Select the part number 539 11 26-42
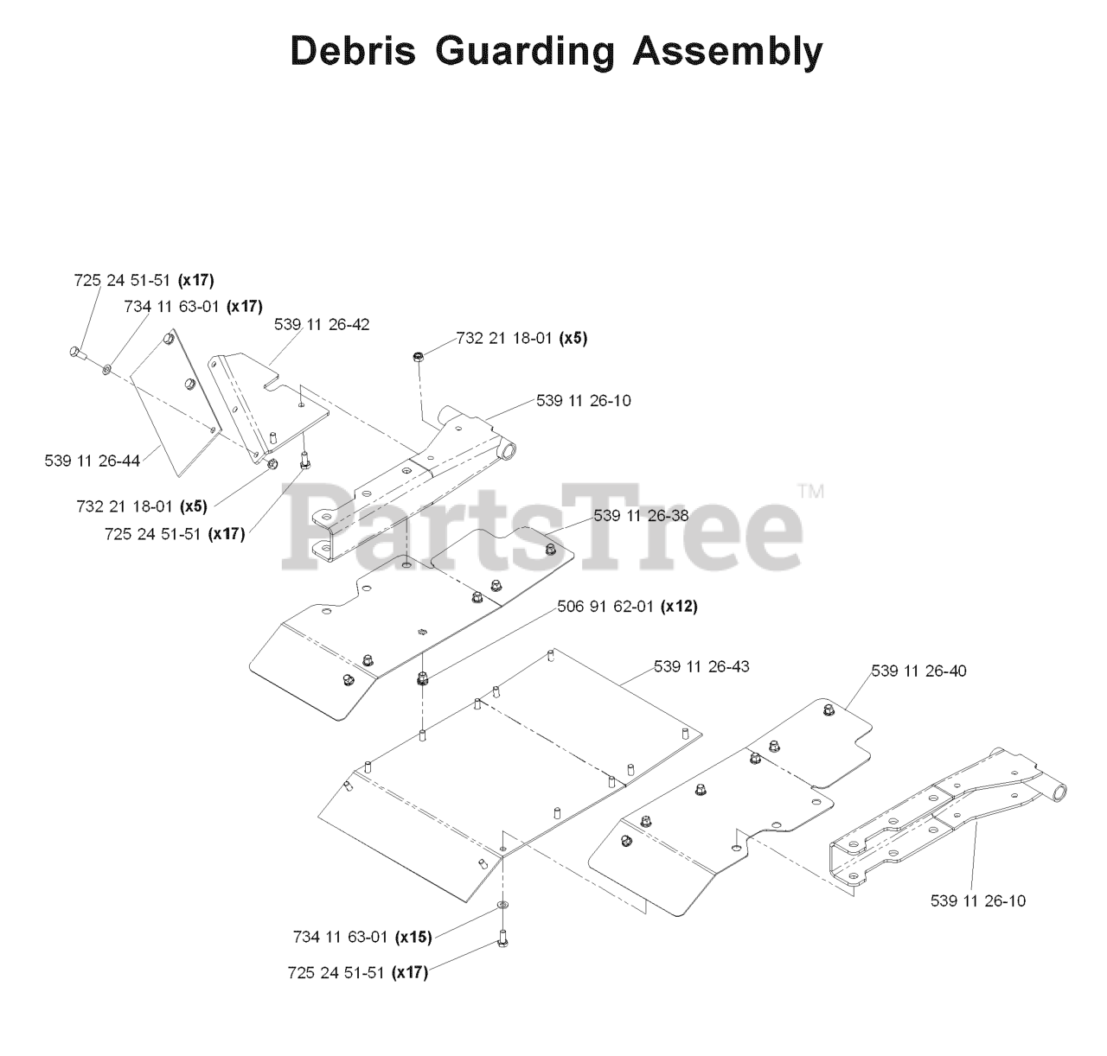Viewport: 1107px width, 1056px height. point(322,325)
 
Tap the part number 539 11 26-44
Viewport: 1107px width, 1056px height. point(93,461)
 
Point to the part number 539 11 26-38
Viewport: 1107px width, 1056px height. point(641,515)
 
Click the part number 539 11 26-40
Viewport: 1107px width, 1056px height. point(919,671)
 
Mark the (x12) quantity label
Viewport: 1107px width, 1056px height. point(679,607)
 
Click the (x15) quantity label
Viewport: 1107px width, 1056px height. point(413,937)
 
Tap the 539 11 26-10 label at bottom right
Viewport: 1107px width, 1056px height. point(978,900)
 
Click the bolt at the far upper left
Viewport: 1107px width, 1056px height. point(75,352)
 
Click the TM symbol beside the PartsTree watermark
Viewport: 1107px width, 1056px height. point(811,493)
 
